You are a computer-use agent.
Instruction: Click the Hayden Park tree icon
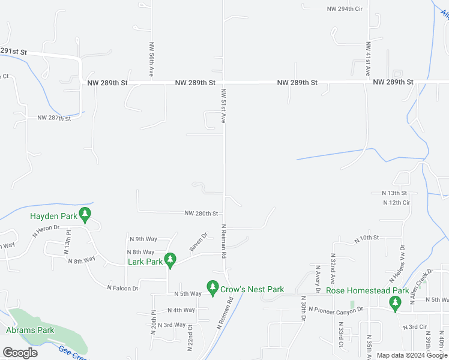[x=85, y=213]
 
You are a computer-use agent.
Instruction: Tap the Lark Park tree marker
[x=170, y=259]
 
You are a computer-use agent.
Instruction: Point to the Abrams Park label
[x=30, y=330]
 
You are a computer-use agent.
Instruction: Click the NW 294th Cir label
[x=345, y=9]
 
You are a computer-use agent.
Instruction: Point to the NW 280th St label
[x=201, y=213]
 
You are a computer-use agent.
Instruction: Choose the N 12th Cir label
[x=396, y=203]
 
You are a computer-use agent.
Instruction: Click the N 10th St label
[x=366, y=239]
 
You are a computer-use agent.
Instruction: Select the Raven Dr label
[x=197, y=242]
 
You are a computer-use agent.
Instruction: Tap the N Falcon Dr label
[x=122, y=289]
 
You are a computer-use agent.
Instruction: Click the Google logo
[x=20, y=353]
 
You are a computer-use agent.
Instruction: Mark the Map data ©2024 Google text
[x=412, y=355]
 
